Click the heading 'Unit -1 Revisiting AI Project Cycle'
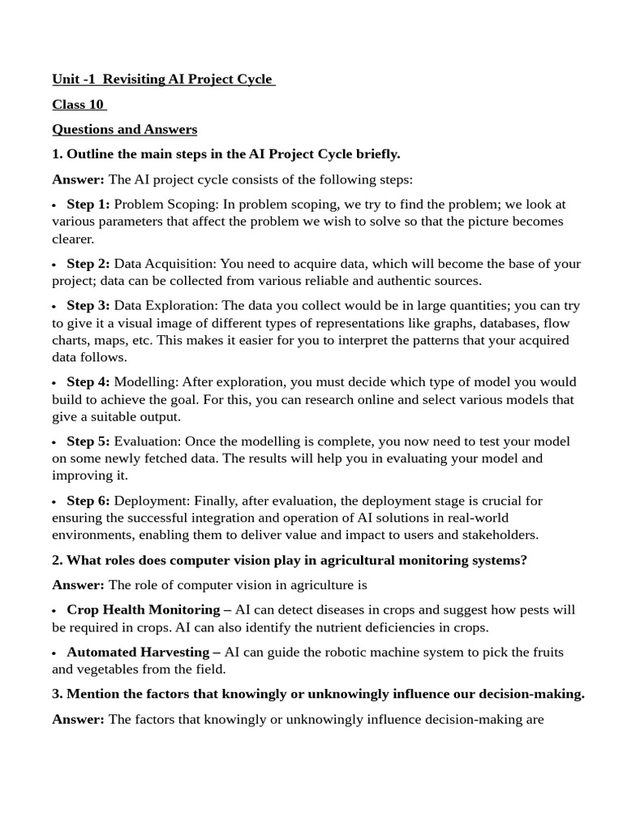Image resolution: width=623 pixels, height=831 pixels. (163, 79)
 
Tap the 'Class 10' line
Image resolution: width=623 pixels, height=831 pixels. (78, 104)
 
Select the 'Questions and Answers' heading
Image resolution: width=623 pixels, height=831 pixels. (124, 129)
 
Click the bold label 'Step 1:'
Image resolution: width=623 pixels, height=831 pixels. (88, 205)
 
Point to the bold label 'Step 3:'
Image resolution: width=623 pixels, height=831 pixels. (88, 306)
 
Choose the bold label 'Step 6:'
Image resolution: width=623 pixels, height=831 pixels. (88, 501)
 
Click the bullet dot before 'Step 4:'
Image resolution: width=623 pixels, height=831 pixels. (54, 383)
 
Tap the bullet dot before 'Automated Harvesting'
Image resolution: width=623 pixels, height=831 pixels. (54, 653)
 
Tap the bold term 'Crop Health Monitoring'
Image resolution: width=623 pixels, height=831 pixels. (144, 609)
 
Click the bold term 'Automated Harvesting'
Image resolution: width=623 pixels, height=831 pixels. (139, 652)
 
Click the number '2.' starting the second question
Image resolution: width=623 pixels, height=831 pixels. (58, 560)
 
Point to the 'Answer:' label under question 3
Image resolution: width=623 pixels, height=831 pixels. (78, 719)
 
